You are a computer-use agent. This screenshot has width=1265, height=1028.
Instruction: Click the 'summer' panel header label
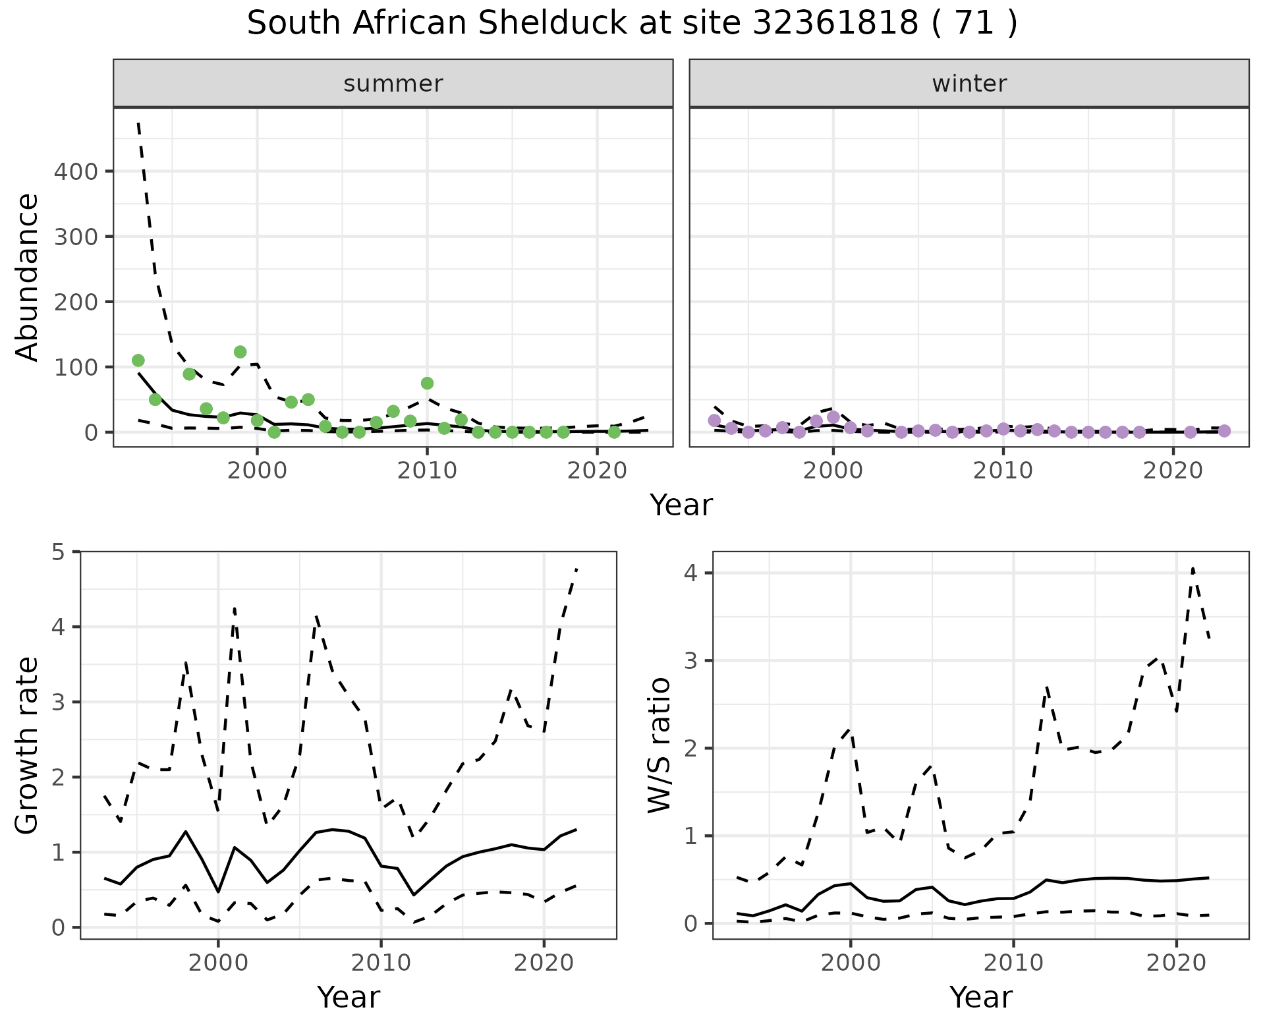coord(393,84)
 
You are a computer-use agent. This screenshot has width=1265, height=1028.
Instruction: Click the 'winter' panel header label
coord(969,84)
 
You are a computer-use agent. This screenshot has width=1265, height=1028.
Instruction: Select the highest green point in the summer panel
coord(240,352)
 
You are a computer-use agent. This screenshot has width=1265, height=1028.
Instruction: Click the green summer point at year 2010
coord(427,384)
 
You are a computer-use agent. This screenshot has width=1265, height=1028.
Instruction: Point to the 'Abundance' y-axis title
coord(28,277)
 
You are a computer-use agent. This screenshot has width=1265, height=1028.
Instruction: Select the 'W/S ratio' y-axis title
coord(659,745)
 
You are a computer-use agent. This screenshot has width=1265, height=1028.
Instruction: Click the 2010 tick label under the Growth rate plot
coord(380,963)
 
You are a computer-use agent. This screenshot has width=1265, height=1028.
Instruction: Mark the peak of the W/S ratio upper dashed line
coord(1193,568)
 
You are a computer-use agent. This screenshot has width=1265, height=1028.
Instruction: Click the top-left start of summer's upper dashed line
coord(138,123)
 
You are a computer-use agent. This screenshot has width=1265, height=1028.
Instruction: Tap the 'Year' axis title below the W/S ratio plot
coord(980,997)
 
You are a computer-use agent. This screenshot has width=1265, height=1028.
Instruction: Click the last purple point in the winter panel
coord(1224,431)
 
